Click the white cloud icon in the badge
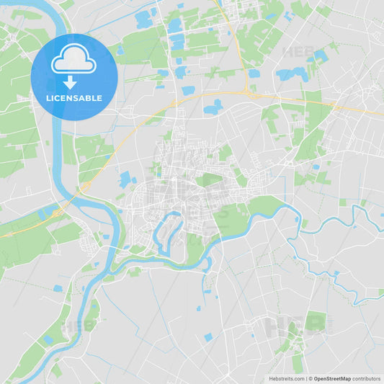point(73,62)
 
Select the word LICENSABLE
point(73,98)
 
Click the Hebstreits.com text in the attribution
point(286,378)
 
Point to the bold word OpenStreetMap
point(332,378)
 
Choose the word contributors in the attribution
point(367,378)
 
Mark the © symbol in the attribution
point(311,378)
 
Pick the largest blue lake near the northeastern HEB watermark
point(292,73)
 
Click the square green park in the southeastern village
point(315,321)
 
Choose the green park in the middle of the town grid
point(210,179)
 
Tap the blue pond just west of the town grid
point(126,179)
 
